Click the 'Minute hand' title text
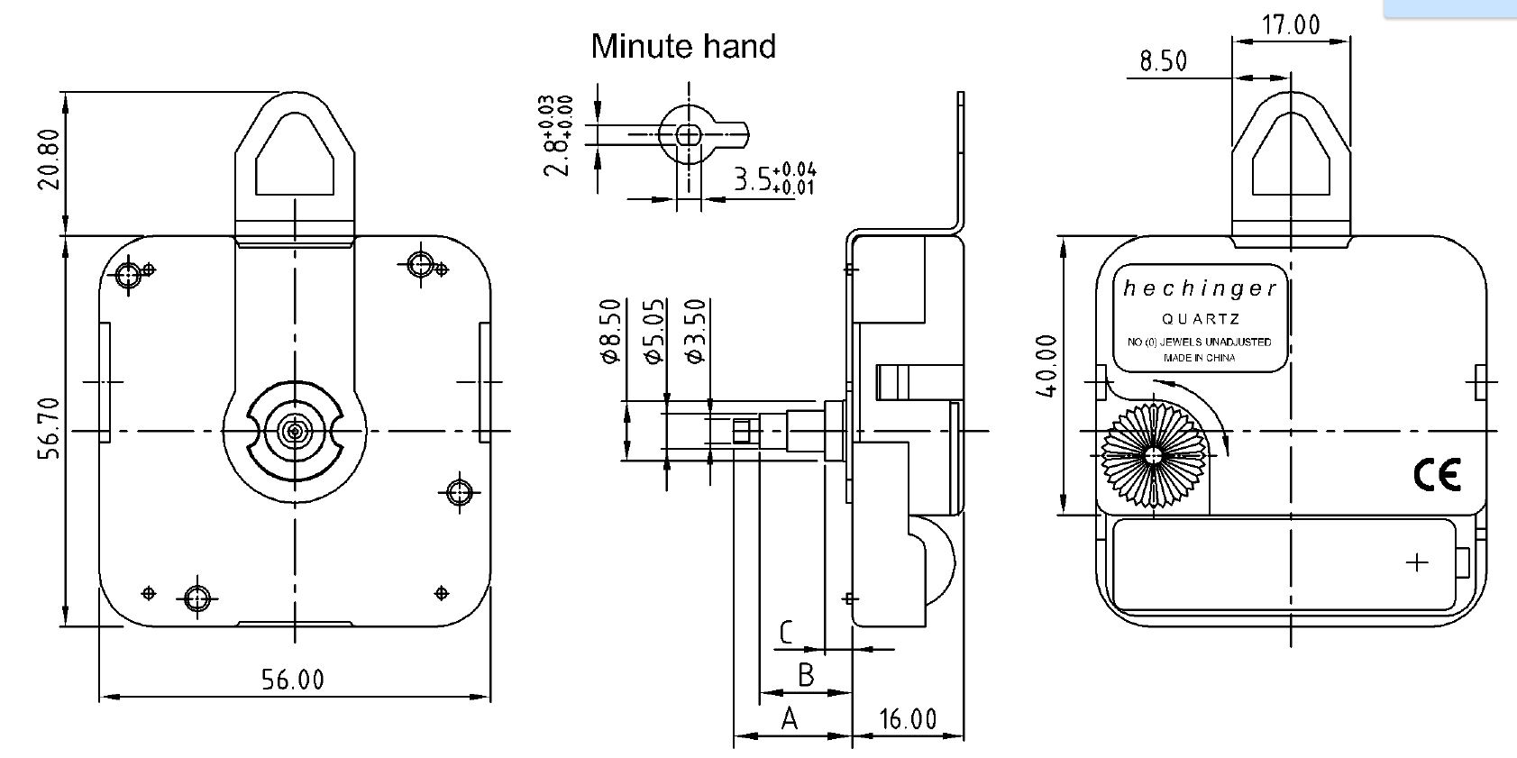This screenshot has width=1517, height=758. point(682,46)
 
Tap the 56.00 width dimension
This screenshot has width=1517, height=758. point(293,679)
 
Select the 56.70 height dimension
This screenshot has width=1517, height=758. point(50,428)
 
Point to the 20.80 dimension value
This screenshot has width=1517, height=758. point(50,160)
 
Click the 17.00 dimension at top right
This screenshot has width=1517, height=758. point(1291,24)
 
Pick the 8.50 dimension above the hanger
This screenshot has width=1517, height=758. point(1163,61)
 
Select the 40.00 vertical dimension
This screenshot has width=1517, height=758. point(1046,365)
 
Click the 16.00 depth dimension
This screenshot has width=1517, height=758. point(908,718)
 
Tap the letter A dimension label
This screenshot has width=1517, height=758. point(790,718)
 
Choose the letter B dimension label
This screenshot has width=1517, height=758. point(806,674)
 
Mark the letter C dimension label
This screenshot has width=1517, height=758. point(786,633)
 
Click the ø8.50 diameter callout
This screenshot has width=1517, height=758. point(610,331)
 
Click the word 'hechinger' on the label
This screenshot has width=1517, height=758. point(1200,288)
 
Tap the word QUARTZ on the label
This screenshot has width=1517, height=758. point(1200,319)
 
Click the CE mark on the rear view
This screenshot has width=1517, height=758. point(1437,474)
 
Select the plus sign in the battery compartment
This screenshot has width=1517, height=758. point(1417,562)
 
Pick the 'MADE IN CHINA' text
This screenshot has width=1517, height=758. point(1200,358)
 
